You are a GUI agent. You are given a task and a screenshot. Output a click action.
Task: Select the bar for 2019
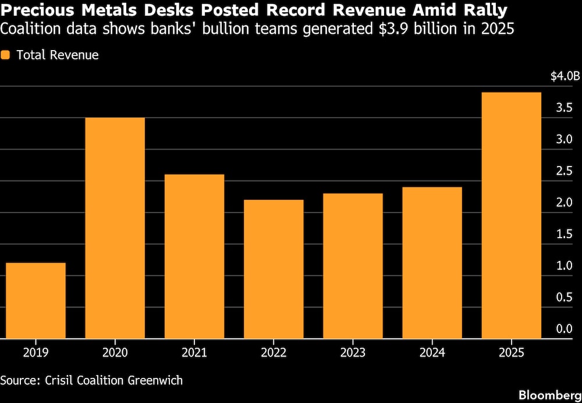click(36, 301)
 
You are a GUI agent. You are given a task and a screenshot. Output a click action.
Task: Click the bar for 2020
click(115, 228)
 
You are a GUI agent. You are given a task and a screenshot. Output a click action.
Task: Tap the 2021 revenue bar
click(194, 256)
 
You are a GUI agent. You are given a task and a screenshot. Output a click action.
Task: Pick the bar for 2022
click(274, 269)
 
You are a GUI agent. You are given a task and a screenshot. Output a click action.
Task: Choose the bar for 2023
click(353, 266)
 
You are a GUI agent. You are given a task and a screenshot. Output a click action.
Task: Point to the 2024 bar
click(432, 263)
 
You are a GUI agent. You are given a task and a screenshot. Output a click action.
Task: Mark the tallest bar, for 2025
click(512, 215)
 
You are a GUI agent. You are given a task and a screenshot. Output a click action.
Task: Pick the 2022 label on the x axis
click(274, 353)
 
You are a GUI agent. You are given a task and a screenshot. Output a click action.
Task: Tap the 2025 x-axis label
click(512, 353)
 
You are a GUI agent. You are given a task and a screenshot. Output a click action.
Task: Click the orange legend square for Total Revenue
click(6, 55)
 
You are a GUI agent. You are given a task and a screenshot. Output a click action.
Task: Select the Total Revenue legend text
click(58, 55)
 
